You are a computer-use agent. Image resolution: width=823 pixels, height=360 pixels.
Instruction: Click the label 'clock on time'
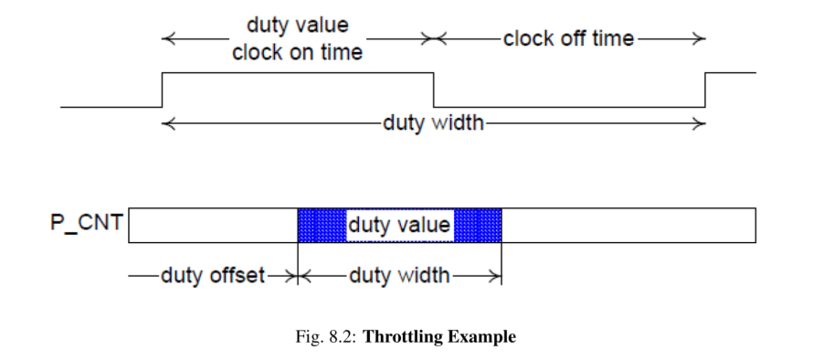297,53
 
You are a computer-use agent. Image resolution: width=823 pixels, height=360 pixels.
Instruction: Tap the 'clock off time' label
568,38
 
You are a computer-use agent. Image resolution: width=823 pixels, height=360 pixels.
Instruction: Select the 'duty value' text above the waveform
297,26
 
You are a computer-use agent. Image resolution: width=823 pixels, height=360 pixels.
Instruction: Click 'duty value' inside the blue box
399,225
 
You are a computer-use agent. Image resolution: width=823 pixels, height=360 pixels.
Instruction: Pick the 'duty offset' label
213,275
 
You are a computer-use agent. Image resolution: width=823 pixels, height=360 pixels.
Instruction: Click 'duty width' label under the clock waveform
433,122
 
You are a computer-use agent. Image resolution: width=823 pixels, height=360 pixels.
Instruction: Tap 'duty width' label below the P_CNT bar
399,275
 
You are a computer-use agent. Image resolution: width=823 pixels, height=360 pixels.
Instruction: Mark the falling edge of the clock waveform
433,90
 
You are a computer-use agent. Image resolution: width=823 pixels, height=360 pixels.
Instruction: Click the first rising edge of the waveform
162,90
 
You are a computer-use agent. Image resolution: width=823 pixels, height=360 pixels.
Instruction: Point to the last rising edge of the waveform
705,90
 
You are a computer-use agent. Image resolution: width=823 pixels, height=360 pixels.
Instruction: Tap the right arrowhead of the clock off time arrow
700,39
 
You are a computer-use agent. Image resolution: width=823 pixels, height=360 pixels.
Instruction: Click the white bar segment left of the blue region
213,225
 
